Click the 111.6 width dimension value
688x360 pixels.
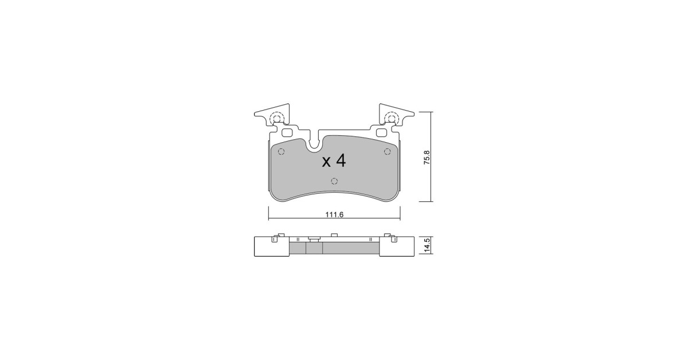pyautogui.click(x=334, y=215)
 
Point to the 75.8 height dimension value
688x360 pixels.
pyautogui.click(x=427, y=158)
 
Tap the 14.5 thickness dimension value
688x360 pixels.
pyautogui.click(x=427, y=246)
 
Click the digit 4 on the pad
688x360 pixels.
pyautogui.click(x=341, y=161)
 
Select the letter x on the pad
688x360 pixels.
pyautogui.click(x=326, y=162)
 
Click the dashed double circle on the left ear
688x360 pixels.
pyautogui.click(x=61, y=118)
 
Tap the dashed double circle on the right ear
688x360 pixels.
pyautogui.click(x=391, y=118)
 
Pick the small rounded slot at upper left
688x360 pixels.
pyautogui.click(x=72, y=132)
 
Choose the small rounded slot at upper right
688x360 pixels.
pyautogui.click(x=382, y=132)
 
